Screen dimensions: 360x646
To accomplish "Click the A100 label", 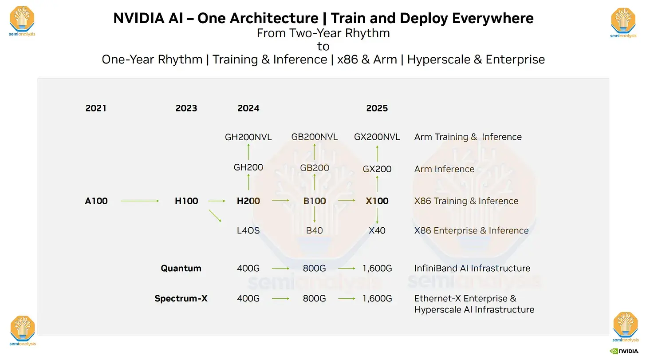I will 96,201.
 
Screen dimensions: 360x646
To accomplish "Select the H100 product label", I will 186,201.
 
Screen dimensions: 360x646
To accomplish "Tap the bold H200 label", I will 248,201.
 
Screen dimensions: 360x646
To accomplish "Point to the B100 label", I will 315,201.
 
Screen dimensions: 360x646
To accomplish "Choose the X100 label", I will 377,201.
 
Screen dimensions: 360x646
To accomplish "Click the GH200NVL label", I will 248,137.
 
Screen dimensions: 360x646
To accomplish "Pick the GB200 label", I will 315,168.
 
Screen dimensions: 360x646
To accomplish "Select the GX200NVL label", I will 377,137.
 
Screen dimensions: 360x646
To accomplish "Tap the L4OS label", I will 248,231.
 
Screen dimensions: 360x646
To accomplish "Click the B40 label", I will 315,231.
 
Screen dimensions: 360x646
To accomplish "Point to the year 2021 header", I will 96,108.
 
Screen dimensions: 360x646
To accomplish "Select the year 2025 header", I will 377,108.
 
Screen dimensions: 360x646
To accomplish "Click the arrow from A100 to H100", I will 140,201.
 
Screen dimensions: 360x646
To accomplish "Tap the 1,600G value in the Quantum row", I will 377,269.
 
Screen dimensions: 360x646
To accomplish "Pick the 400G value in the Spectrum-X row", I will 248,299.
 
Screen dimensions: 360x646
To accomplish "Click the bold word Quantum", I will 181,269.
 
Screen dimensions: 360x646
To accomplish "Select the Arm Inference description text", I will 444,169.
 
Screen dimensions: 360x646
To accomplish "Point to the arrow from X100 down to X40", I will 377,216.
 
